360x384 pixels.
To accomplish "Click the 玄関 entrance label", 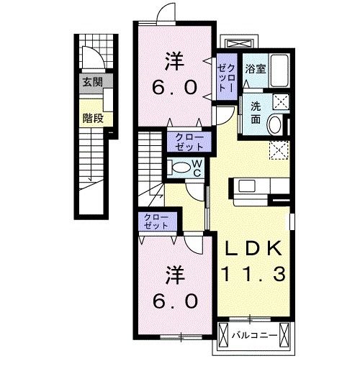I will point(92,81).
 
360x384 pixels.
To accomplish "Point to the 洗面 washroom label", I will point(256,111).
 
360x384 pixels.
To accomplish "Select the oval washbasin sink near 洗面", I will point(275,125).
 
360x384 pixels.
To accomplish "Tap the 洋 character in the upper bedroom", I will point(174,59).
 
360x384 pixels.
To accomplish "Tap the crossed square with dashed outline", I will point(279,150).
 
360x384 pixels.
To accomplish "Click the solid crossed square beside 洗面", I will point(281,101).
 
